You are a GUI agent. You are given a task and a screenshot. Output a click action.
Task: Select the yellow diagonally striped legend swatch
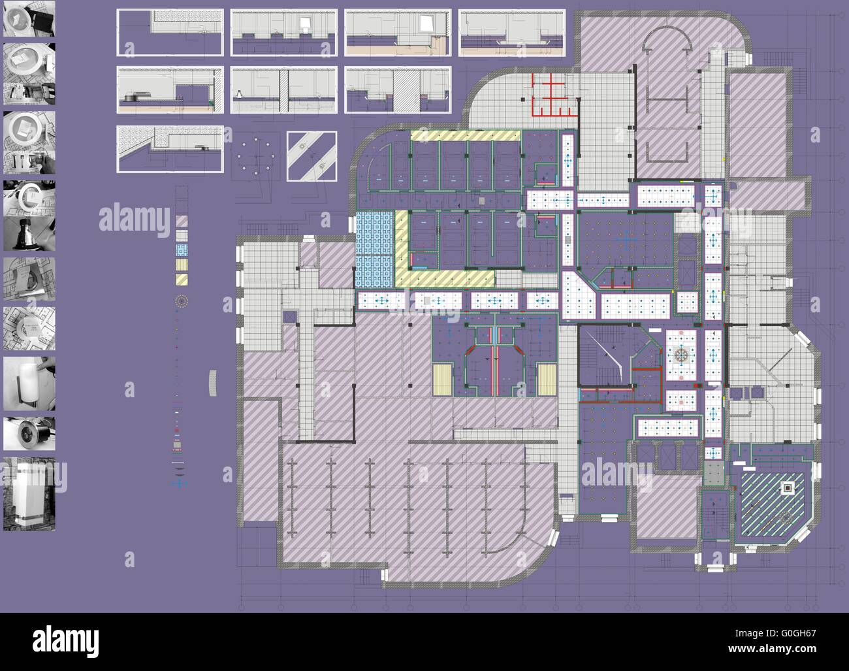click(x=181, y=279)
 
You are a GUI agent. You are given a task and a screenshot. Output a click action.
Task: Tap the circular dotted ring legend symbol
click(x=182, y=301)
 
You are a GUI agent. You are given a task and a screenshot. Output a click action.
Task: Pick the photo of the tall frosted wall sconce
click(x=29, y=493)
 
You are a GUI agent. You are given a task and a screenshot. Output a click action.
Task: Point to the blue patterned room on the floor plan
click(x=374, y=249)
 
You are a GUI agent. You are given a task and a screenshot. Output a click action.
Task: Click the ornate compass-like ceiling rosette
click(x=682, y=355)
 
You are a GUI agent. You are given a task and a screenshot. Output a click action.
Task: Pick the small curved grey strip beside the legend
click(x=212, y=382)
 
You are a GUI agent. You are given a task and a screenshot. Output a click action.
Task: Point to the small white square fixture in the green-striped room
click(x=788, y=487)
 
